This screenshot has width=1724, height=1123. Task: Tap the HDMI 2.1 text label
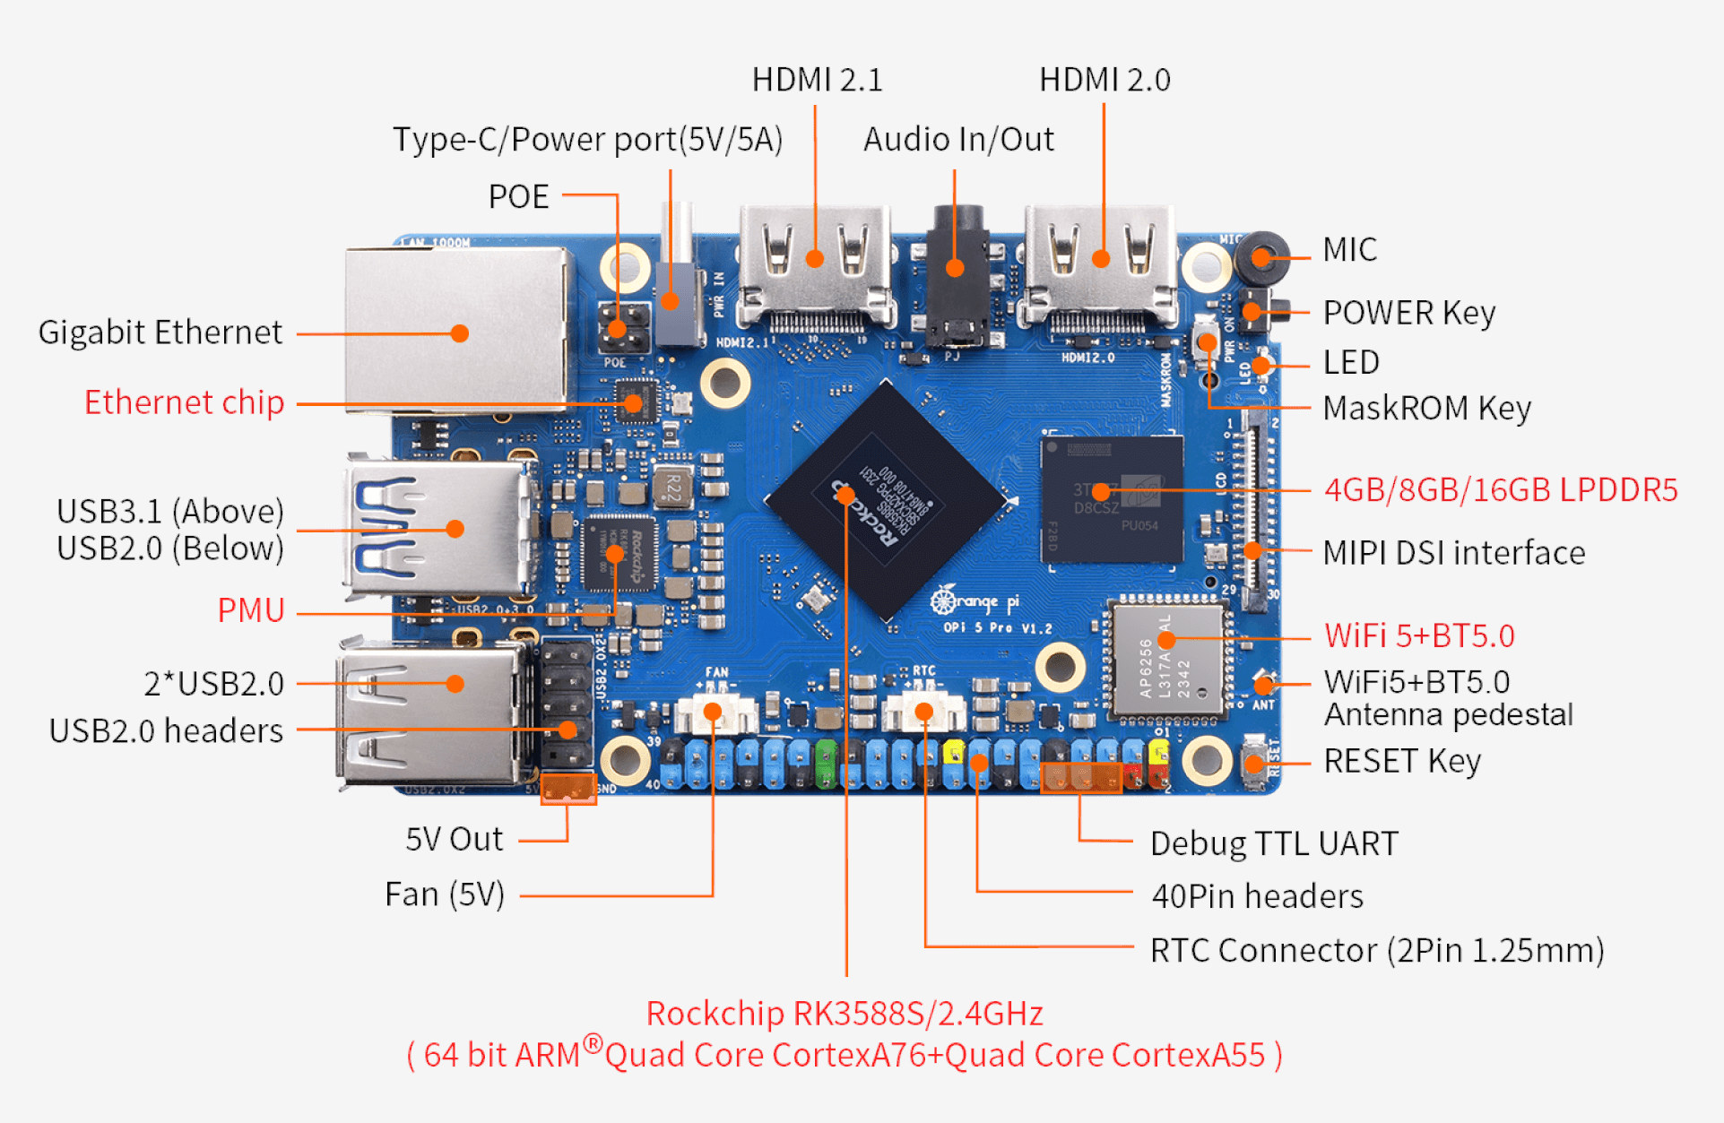pos(817,80)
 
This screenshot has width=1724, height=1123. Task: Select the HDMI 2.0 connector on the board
pos(1101,264)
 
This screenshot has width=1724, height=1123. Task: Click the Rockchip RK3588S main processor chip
pos(886,499)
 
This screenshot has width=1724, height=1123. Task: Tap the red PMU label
pos(251,610)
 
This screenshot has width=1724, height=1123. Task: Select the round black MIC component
pos(1261,257)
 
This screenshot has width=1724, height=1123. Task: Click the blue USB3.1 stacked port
pos(439,529)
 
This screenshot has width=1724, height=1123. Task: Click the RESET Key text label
pos(1402,761)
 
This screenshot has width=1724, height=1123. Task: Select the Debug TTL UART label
pos(1274,843)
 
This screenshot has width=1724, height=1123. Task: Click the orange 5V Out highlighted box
pos(568,788)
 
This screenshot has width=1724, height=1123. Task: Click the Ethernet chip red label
pos(184,402)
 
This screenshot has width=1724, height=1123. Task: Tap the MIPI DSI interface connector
pos(1253,511)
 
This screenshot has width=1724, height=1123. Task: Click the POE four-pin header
pos(624,328)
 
